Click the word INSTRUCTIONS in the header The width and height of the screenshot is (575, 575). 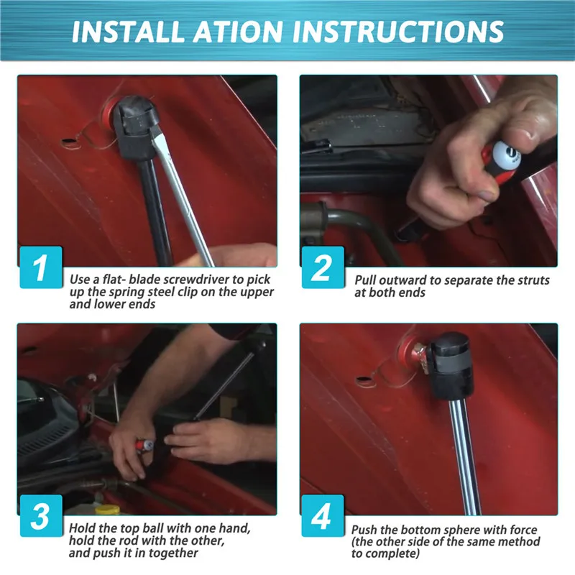398,32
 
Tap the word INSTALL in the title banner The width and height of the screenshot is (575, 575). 128,32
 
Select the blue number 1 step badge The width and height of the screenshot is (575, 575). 41,267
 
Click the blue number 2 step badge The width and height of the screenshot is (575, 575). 323,267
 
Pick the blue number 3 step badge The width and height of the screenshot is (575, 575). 41,515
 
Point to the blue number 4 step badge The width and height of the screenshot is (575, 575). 323,515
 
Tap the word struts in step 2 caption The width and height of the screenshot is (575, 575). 533,280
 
